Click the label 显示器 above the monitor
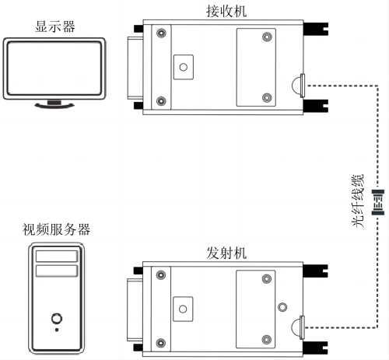point(54,26)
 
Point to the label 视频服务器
point(56,229)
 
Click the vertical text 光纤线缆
point(359,200)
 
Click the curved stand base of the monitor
point(54,107)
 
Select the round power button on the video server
point(56,317)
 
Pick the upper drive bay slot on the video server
point(56,256)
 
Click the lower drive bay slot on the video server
point(56,271)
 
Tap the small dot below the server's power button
point(56,330)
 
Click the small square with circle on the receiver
point(184,66)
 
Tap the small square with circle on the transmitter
point(184,309)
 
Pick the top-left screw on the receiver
point(161,33)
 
